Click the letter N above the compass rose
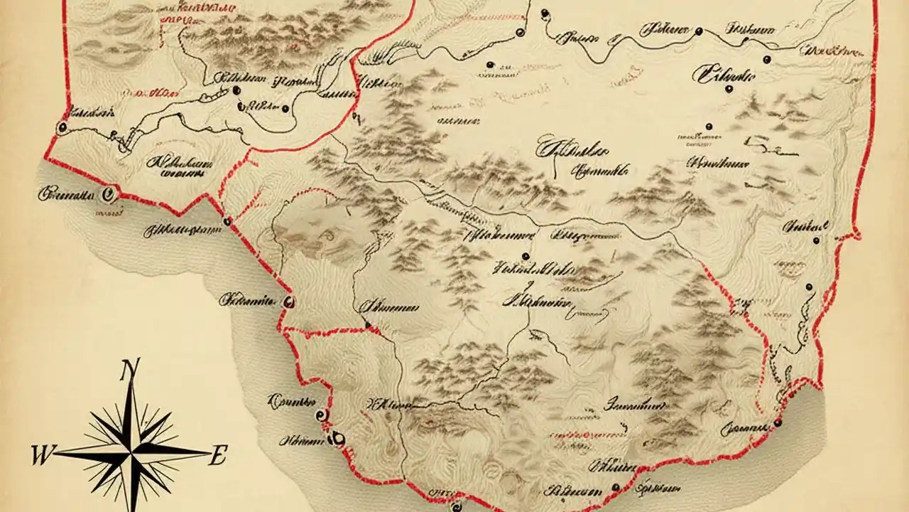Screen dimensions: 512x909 point(129,371)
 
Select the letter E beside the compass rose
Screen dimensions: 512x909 point(217,455)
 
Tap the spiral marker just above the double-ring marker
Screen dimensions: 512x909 point(321,415)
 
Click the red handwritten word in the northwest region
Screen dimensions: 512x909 point(151,92)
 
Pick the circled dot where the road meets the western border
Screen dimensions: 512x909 point(62,127)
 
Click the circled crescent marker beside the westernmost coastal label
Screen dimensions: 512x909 point(109,191)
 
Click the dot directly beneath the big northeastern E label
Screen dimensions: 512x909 point(729,89)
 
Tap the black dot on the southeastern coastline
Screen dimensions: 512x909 point(778,422)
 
